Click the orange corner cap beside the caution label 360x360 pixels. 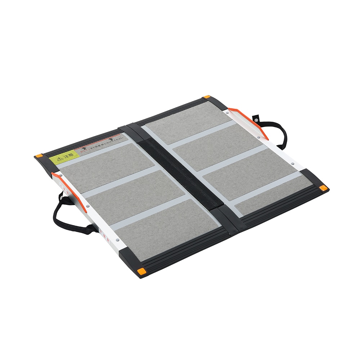tap(39, 156)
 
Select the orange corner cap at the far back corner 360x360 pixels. tap(206, 97)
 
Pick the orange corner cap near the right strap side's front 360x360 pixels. tap(323, 188)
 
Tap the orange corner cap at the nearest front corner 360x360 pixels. tap(142, 271)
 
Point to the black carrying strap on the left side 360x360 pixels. tap(65, 216)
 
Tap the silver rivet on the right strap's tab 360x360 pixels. tap(256, 118)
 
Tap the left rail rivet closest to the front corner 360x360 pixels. tap(117, 239)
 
